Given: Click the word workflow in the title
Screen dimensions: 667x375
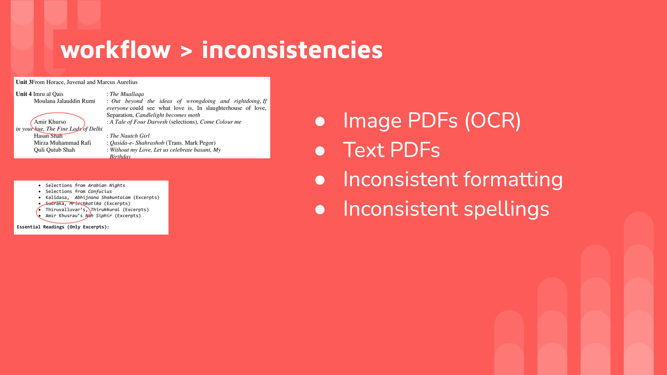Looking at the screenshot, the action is (x=115, y=50).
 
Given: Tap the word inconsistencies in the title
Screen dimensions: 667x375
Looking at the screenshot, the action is (x=292, y=50).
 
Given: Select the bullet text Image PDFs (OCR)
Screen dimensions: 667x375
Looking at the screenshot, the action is (x=431, y=120).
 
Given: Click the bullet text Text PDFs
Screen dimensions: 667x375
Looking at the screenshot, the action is (x=391, y=150).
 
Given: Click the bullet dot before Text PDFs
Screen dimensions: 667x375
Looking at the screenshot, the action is (x=320, y=151).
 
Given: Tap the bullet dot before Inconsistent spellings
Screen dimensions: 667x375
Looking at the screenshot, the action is (x=320, y=209).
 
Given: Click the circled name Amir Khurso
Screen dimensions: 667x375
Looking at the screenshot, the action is (x=50, y=122).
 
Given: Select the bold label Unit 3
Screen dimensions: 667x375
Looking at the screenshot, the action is (x=24, y=82).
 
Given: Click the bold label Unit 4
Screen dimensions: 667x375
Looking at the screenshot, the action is (x=24, y=94).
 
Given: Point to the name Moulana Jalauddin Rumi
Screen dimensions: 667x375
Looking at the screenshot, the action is (x=64, y=101).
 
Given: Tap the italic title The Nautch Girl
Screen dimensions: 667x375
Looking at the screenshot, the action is (x=130, y=136).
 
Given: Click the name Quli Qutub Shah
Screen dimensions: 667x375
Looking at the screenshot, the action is (x=54, y=150).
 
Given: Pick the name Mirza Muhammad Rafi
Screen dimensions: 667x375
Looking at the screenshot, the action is (x=62, y=143).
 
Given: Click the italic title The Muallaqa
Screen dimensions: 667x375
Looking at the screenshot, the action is (x=127, y=94).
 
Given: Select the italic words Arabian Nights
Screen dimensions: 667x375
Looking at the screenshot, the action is (x=106, y=185).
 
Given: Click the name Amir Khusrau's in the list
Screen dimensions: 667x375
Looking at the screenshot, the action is (x=64, y=216).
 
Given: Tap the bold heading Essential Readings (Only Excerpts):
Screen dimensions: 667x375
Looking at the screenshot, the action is (x=63, y=227).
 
